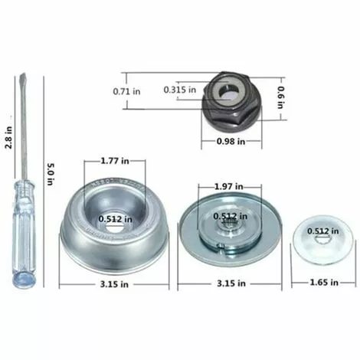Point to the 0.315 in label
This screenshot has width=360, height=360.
click(x=178, y=89)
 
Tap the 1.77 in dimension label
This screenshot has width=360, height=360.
click(x=118, y=162)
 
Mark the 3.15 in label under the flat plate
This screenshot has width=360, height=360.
click(x=231, y=283)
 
